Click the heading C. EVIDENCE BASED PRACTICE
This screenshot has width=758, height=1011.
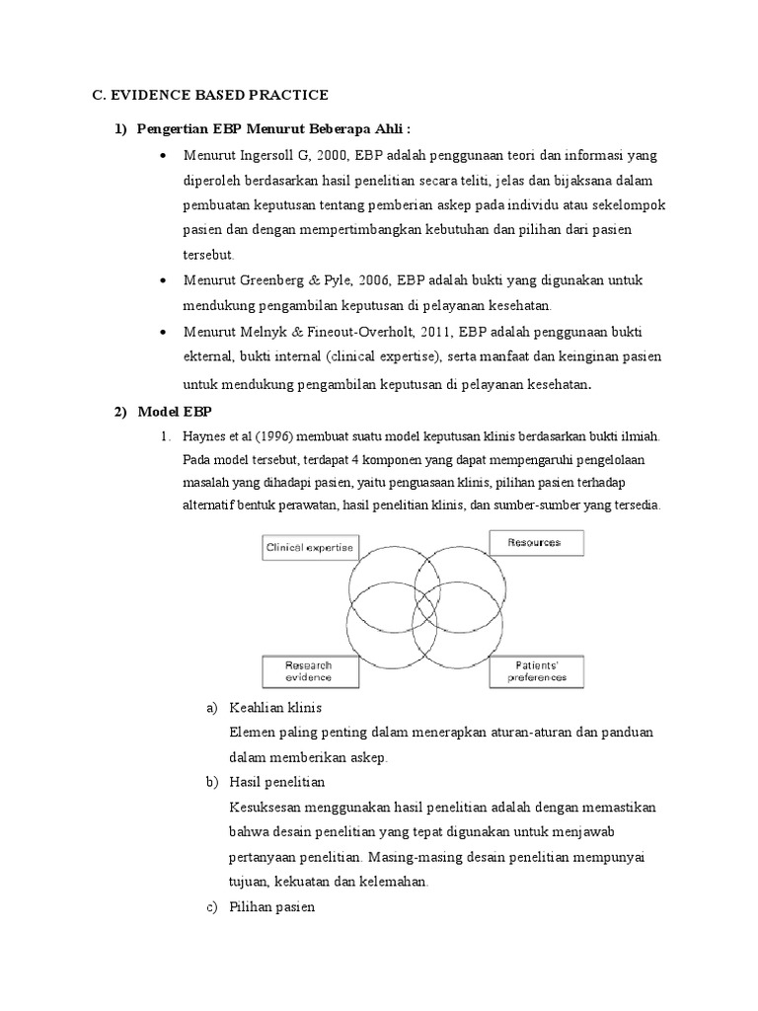click(x=209, y=95)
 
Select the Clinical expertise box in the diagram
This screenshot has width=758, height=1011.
click(x=308, y=545)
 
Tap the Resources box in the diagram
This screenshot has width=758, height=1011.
click(x=535, y=542)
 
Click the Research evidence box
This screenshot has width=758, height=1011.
click(x=308, y=671)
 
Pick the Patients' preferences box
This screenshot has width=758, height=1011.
click(x=537, y=671)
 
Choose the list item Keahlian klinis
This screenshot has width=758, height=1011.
click(x=275, y=708)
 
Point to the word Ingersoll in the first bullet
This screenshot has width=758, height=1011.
click(x=269, y=157)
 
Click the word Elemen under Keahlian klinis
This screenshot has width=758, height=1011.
click(x=252, y=733)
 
